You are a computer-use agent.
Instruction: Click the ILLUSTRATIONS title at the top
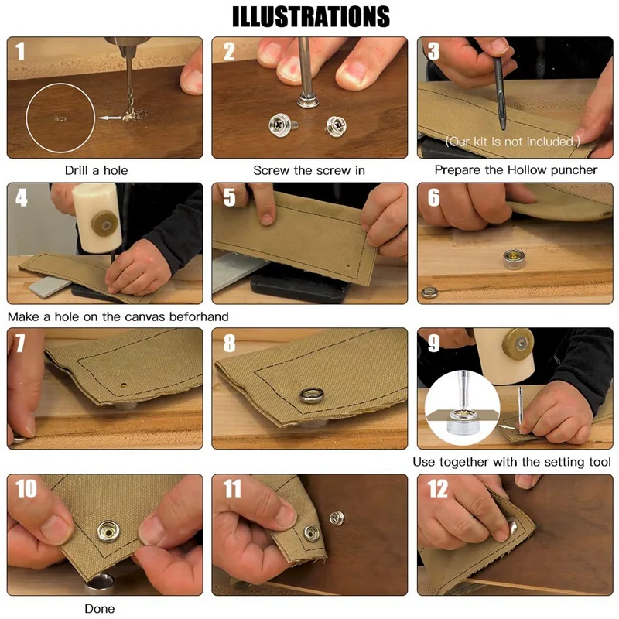point(310,16)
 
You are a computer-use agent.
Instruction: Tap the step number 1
point(20,51)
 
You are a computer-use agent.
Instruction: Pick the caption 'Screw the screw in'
point(309,169)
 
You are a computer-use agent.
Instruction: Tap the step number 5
point(229,198)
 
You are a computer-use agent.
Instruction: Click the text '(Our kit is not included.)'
point(511,142)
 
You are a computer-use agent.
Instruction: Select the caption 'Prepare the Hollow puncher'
point(516,169)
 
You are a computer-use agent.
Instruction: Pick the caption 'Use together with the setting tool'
point(511,462)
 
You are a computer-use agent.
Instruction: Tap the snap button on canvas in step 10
point(106,532)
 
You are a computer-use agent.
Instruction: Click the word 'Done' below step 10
point(99,609)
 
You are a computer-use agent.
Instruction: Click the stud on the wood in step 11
point(335,517)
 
